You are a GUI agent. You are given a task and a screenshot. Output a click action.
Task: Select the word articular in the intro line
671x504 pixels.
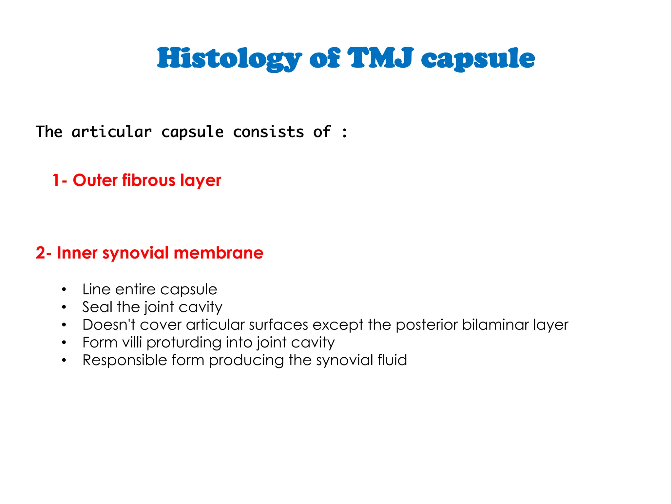pyautogui.click(x=112, y=132)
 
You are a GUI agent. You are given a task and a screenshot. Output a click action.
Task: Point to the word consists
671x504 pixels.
pyautogui.click(x=268, y=132)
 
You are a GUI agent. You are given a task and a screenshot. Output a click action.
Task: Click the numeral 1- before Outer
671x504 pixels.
pyautogui.click(x=60, y=180)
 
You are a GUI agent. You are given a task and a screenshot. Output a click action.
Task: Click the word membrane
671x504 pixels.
pyautogui.click(x=218, y=253)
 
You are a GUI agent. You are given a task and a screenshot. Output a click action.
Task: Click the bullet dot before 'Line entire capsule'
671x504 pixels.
pyautogui.click(x=64, y=290)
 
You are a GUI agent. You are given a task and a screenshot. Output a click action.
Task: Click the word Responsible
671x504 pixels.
pyautogui.click(x=125, y=360)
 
